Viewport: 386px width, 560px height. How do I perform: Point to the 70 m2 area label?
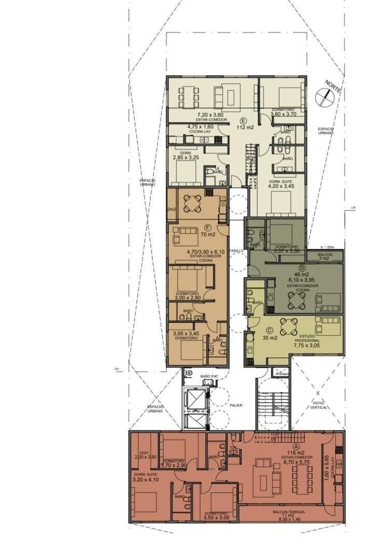pyautogui.click(x=208, y=234)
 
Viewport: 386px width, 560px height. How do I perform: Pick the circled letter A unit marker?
pyautogui.click(x=297, y=445)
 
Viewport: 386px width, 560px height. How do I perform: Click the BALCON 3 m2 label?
pyautogui.click(x=324, y=256)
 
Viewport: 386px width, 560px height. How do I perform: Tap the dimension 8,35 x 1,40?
pyautogui.click(x=291, y=516)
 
